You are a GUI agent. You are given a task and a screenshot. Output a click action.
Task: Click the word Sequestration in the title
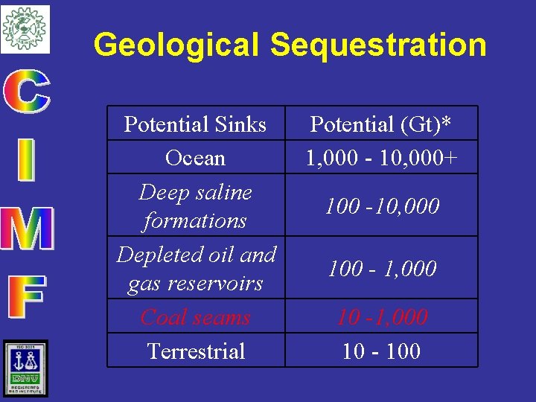pos(378,45)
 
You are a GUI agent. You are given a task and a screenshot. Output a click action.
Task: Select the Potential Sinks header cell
pos(195,124)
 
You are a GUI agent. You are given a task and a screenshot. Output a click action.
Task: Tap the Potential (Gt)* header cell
pos(381,124)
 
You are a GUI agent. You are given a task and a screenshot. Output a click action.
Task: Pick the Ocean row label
pos(195,158)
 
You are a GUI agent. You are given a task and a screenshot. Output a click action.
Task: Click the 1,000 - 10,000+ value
pos(381,158)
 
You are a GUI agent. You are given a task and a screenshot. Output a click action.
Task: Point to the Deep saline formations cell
pos(195,206)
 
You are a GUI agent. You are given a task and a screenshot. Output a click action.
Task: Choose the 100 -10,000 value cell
pos(381,206)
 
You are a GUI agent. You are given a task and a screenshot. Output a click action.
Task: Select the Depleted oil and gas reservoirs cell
pos(196,269)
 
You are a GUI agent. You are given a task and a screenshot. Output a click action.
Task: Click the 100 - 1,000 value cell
pos(381,269)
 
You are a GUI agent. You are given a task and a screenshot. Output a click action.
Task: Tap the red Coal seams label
pos(195,317)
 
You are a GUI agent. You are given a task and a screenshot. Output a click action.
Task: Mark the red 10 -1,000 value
pos(381,317)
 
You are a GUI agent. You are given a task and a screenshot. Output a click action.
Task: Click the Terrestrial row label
pos(196,351)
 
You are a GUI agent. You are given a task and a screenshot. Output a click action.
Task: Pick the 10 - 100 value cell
pos(381,351)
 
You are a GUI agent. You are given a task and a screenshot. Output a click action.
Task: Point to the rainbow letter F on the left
pos(26,296)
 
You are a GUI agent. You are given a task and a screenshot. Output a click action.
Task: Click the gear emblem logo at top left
pos(25,28)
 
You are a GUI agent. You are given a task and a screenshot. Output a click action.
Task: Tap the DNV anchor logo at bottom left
pos(25,368)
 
